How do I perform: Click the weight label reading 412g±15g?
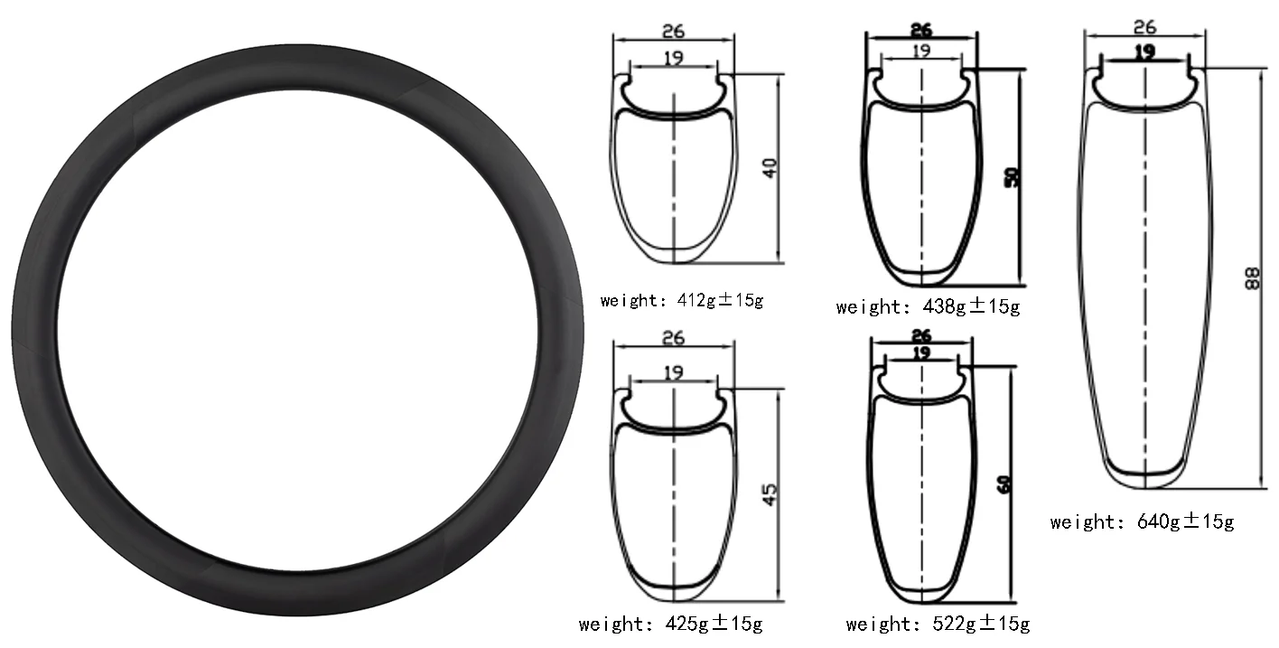coord(682,300)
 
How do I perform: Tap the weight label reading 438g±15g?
coord(928,307)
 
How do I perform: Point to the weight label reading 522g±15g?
coord(938,624)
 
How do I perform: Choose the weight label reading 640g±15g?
coord(1142,521)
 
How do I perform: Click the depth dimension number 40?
coord(770,168)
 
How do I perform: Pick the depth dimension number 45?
coord(770,493)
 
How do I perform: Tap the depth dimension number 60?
coord(1004,484)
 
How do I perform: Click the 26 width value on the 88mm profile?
coord(1145,28)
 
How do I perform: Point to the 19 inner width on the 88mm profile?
coord(1144,52)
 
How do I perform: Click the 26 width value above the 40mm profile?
coord(673,31)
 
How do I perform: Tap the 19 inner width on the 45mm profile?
coord(673,372)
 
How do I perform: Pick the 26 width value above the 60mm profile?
coord(921,335)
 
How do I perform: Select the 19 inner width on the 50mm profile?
coord(921,51)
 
